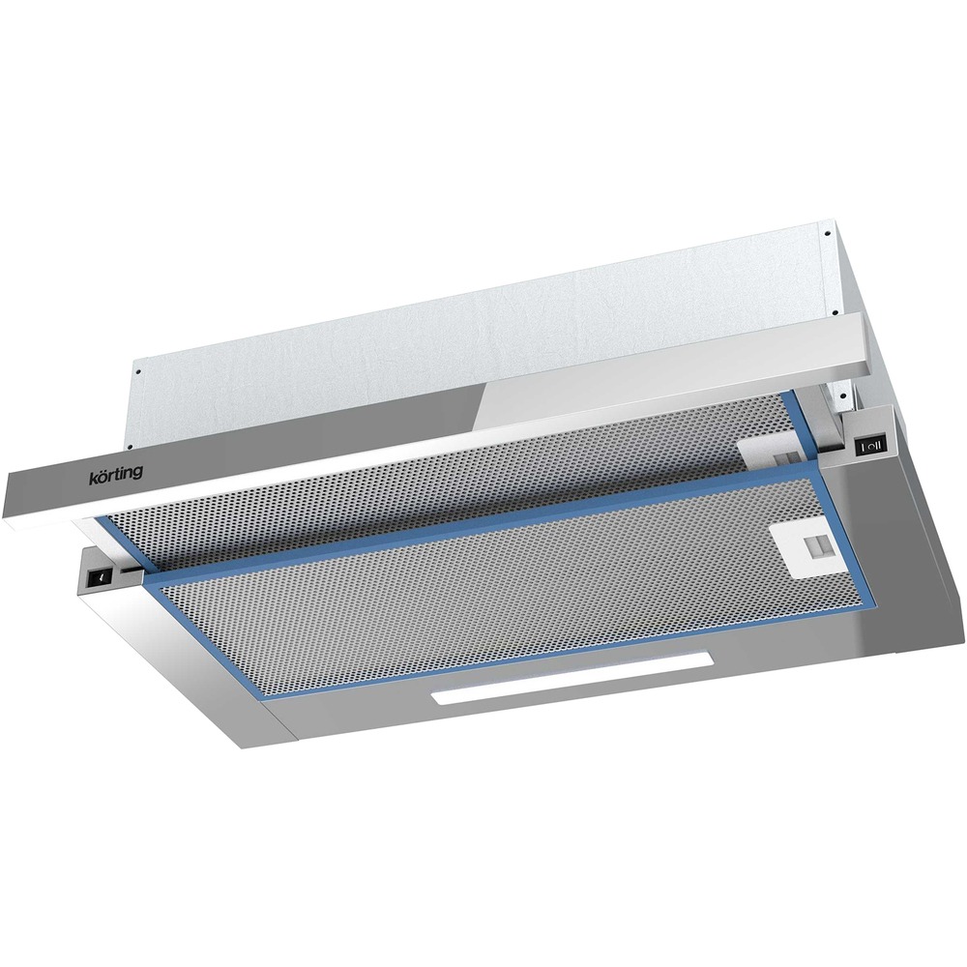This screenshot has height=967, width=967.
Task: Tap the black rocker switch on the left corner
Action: [100, 577]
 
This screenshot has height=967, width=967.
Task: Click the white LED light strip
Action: [572, 679]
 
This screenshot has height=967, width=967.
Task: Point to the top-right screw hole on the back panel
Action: [825, 234]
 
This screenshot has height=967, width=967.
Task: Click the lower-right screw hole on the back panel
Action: [834, 312]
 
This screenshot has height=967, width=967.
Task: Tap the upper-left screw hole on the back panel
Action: [139, 372]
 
